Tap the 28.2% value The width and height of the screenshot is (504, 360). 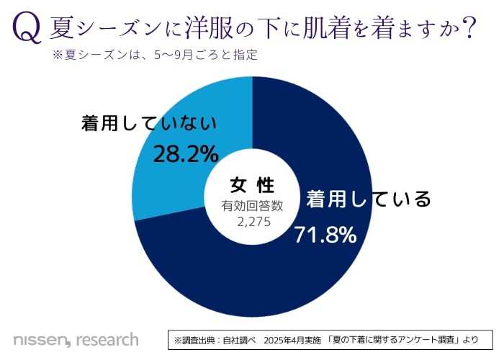pyautogui.click(x=185, y=153)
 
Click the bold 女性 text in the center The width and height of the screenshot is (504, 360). pyautogui.click(x=252, y=184)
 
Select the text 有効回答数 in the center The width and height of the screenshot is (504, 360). pyautogui.click(x=252, y=206)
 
